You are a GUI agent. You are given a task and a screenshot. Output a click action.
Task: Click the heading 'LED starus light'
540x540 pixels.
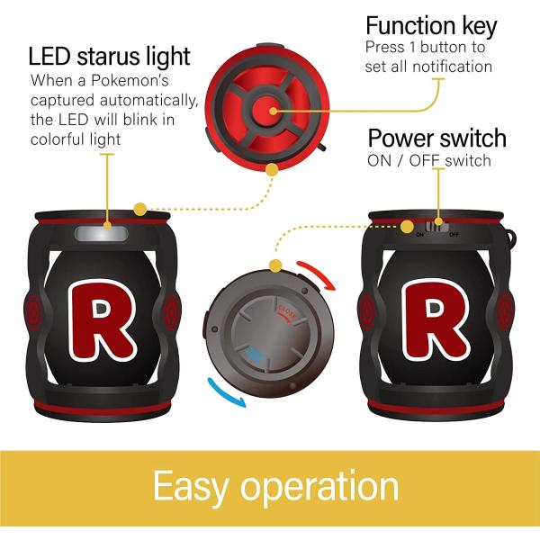110,56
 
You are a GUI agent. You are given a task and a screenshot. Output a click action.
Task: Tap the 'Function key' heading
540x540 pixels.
431,24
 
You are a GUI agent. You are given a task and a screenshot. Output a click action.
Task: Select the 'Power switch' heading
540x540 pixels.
437,139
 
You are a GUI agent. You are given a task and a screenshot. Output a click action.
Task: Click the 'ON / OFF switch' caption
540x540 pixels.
429,161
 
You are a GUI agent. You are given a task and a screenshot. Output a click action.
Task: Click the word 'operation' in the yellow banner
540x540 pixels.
324,488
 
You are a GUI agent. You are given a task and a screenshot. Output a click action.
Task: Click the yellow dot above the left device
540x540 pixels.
139,210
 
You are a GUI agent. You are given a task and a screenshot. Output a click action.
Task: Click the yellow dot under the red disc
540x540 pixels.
271,168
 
